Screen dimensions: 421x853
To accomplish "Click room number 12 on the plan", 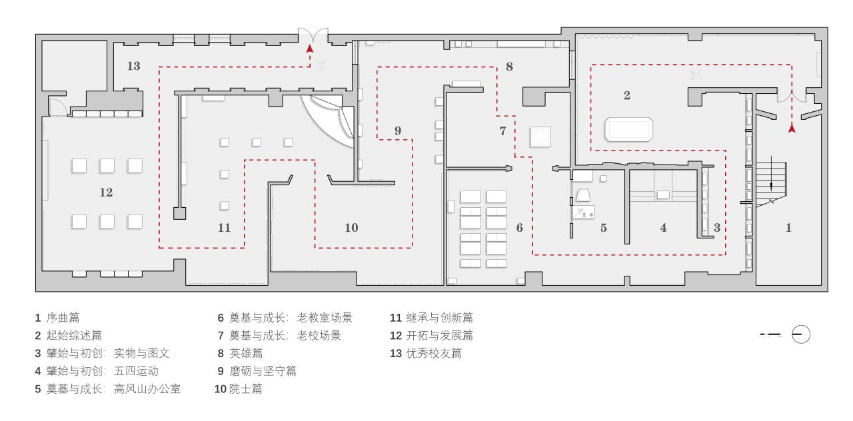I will click(x=106, y=193).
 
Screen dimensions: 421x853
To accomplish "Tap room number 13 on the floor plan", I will click(x=133, y=66).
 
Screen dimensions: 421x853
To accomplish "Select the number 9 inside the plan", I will click(x=398, y=131).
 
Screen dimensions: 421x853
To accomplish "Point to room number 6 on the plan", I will click(x=519, y=228).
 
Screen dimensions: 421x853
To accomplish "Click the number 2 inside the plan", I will click(x=626, y=95).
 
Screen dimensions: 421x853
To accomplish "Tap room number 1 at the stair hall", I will click(x=788, y=228).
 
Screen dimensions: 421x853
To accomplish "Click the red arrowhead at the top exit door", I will click(x=310, y=48).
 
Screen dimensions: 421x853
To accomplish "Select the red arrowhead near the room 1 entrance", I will click(x=792, y=129).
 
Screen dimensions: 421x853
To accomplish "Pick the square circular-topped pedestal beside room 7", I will click(x=540, y=137).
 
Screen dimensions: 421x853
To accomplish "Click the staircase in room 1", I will click(x=772, y=180).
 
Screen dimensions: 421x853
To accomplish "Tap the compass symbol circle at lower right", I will click(x=800, y=334).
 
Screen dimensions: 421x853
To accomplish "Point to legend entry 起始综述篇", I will click(x=73, y=336).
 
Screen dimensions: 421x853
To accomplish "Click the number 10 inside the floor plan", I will click(x=351, y=228).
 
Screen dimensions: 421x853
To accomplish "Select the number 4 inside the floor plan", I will click(x=663, y=228).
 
